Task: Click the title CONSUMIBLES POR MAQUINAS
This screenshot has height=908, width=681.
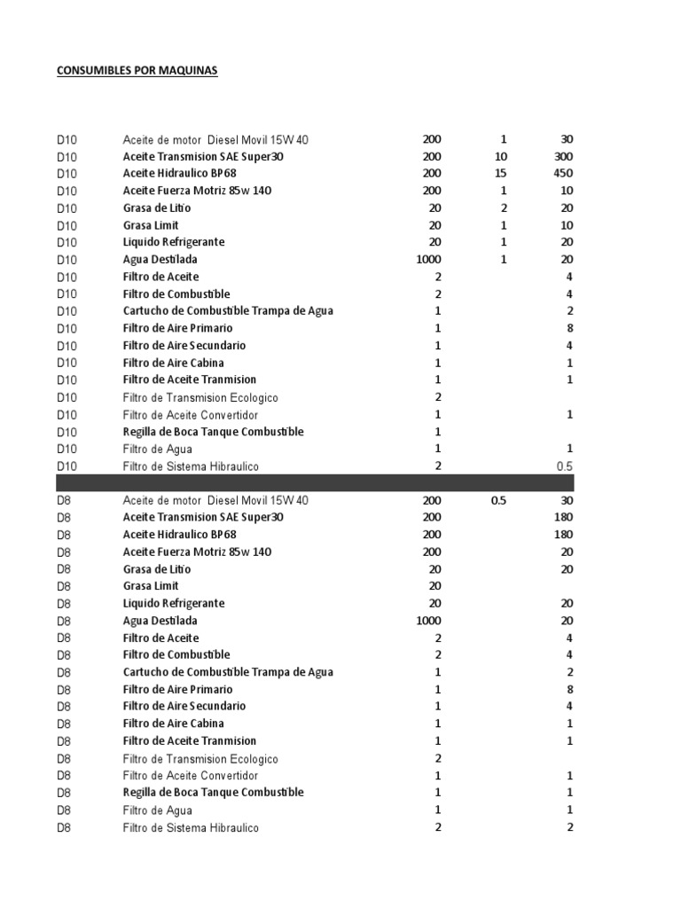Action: pos(137,71)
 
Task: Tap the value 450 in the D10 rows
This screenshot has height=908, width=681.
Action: pos(563,174)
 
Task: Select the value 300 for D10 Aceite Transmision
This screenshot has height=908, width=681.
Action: pos(563,156)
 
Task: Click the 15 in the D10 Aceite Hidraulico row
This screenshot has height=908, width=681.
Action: pos(501,174)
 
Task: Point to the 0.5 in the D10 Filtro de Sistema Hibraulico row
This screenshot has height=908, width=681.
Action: pos(564,466)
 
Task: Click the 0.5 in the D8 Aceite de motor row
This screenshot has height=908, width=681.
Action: pos(498,500)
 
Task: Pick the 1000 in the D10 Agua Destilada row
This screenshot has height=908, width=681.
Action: pos(427,260)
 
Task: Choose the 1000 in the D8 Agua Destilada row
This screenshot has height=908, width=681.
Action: pos(427,621)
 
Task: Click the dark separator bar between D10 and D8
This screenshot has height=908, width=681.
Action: pos(315,483)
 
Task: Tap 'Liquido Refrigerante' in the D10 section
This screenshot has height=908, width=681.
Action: pos(174,242)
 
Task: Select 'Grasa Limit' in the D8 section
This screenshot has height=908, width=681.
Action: pos(151,586)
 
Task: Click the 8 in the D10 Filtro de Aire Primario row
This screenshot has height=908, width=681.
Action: pos(569,328)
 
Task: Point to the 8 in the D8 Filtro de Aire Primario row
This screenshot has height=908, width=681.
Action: pos(569,689)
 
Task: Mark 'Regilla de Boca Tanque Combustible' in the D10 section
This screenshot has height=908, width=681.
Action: pos(213,432)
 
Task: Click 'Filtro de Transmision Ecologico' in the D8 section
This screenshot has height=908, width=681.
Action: pos(200,759)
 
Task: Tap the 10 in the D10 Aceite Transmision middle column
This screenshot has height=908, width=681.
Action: pos(501,156)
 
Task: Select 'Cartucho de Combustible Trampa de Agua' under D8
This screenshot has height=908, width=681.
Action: pos(228,672)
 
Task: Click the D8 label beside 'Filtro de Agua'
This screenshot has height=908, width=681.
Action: pos(64,810)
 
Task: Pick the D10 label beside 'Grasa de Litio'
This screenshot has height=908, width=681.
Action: pos(67,208)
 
